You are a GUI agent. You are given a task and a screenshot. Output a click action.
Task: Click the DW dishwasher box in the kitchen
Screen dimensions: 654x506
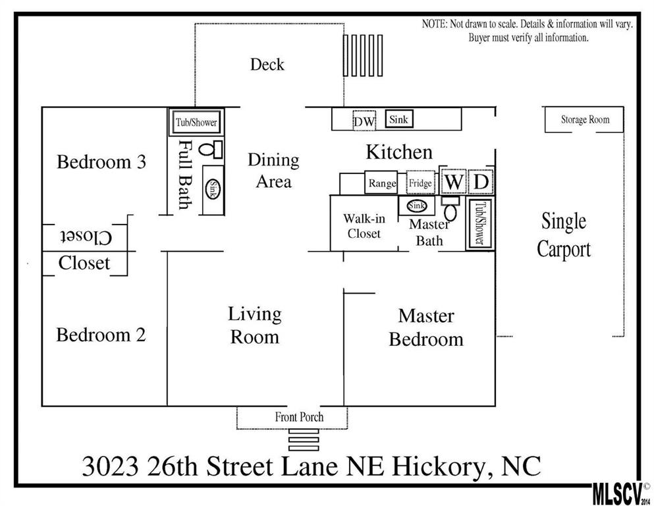point(364,121)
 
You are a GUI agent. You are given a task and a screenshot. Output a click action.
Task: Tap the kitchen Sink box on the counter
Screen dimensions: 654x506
point(398,119)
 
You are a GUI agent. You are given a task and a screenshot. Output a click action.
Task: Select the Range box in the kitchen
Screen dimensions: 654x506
point(381,183)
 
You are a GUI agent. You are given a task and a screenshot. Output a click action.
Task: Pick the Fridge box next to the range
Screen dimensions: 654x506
point(420,183)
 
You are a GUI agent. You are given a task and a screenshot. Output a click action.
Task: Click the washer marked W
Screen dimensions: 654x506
point(453,181)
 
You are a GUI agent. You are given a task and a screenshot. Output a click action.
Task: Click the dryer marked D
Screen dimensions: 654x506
point(481,181)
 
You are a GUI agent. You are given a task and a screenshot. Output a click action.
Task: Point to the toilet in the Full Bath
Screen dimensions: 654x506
point(210,149)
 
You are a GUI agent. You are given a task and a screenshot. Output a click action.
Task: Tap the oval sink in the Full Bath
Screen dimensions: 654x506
point(213,189)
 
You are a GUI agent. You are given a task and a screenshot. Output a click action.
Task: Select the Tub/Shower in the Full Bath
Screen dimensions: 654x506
point(196,122)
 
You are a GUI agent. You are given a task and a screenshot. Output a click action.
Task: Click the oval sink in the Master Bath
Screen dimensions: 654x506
point(417,206)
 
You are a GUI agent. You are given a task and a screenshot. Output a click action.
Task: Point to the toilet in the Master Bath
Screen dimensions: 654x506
point(450,208)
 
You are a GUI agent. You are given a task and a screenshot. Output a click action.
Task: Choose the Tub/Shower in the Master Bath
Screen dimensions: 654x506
point(480,224)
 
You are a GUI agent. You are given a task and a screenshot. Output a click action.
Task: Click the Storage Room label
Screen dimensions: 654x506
point(585,120)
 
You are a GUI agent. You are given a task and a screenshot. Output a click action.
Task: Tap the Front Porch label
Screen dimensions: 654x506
point(299,416)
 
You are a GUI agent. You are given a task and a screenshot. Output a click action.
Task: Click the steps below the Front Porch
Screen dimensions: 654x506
point(304,440)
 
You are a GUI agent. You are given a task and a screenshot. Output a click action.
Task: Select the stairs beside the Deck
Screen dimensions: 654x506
point(363,55)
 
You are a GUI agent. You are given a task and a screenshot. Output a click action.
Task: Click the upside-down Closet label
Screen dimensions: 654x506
point(86,237)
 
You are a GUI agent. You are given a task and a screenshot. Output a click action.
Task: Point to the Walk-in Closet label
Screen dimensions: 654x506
point(364,226)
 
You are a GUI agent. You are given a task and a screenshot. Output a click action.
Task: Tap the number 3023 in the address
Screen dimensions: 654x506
point(110,466)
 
